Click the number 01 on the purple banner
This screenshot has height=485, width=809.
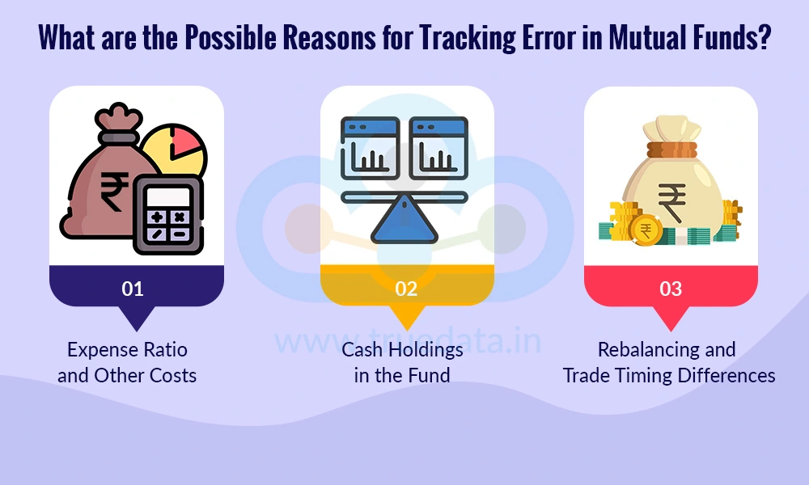[133, 289]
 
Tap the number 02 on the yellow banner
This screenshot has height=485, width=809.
[406, 289]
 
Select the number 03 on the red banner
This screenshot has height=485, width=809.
[671, 289]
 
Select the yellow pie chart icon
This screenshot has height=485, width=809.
[174, 154]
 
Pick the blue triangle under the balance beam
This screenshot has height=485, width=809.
[404, 221]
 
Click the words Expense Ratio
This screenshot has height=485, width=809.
[127, 350]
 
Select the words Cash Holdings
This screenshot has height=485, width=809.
[402, 350]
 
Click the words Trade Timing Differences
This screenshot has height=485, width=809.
[669, 376]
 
